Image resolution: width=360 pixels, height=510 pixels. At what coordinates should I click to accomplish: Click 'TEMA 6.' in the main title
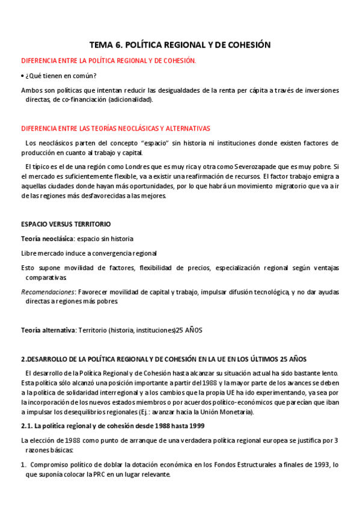click(x=106, y=45)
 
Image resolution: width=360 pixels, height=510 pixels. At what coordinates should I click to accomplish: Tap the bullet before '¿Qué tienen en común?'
click(x=22, y=76)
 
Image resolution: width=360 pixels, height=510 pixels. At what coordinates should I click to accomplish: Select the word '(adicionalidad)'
click(x=131, y=100)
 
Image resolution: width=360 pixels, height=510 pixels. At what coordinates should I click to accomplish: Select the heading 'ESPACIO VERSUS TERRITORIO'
click(x=66, y=224)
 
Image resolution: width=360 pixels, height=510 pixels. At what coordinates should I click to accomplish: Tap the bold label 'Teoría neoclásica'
click(x=46, y=239)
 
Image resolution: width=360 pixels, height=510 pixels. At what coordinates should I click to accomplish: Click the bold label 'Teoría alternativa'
click(x=47, y=330)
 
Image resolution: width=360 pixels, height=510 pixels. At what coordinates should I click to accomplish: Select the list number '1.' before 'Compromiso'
click(x=24, y=465)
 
